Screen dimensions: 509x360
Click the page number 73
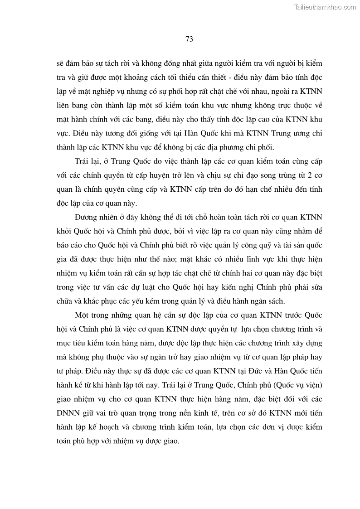click(190, 39)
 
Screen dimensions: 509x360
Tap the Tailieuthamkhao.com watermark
click(325, 7)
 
